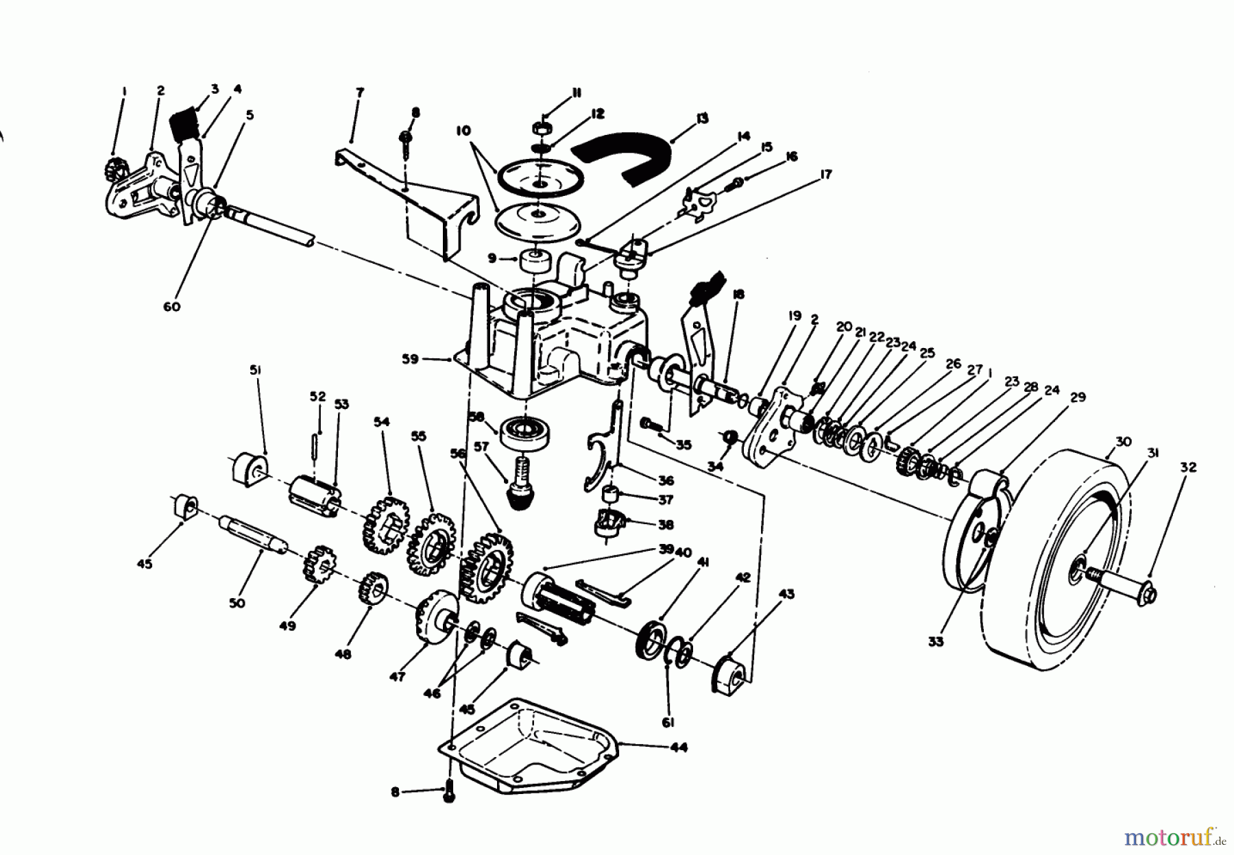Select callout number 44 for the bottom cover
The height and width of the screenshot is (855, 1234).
pyautogui.click(x=679, y=747)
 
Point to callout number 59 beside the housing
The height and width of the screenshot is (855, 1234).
pyautogui.click(x=410, y=359)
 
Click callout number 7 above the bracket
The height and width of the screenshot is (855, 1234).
pyautogui.click(x=360, y=92)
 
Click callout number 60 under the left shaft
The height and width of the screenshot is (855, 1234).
pyautogui.click(x=172, y=306)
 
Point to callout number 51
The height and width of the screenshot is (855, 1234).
pyautogui.click(x=255, y=370)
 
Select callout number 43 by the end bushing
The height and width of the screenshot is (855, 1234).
pyautogui.click(x=786, y=594)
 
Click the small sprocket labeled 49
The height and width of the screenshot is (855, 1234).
pyautogui.click(x=317, y=563)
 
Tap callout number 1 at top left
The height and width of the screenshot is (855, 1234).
pyautogui.click(x=124, y=90)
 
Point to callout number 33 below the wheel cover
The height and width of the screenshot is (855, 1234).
pyautogui.click(x=936, y=641)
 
